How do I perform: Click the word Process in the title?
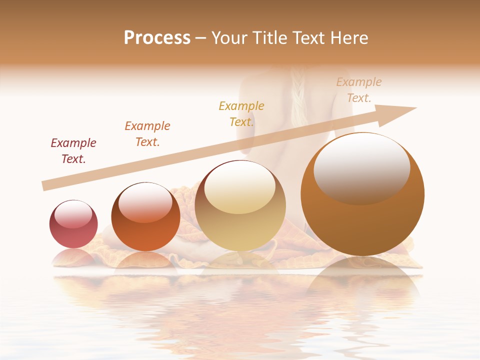(157, 38)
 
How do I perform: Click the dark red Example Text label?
(73, 151)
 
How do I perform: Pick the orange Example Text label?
(147, 134)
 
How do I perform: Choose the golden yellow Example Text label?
(241, 114)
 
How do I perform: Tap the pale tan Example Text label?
(359, 90)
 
